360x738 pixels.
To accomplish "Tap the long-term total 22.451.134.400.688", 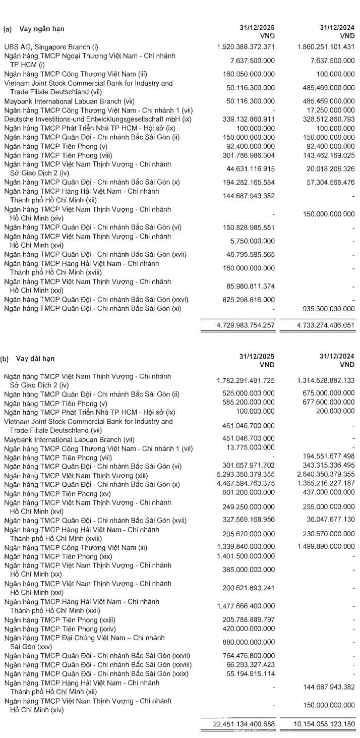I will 243,722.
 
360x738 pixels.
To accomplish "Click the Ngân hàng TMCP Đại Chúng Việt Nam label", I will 86,639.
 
